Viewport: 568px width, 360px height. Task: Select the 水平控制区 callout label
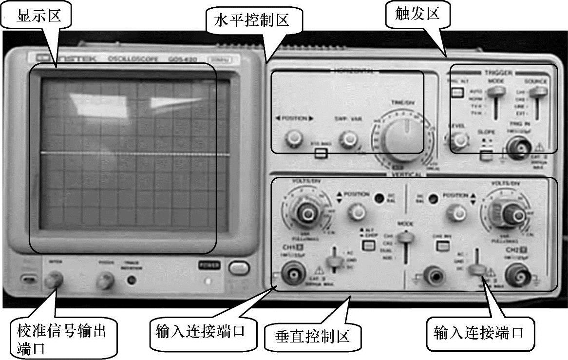[252, 20]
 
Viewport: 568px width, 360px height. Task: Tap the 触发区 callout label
[412, 13]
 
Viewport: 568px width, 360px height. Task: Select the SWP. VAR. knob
[348, 139]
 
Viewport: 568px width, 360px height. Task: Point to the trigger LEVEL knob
[457, 141]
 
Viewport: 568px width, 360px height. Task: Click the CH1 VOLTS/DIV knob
[306, 212]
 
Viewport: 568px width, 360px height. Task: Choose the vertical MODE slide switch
[404, 237]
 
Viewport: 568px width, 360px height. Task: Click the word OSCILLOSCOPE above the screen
[125, 59]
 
